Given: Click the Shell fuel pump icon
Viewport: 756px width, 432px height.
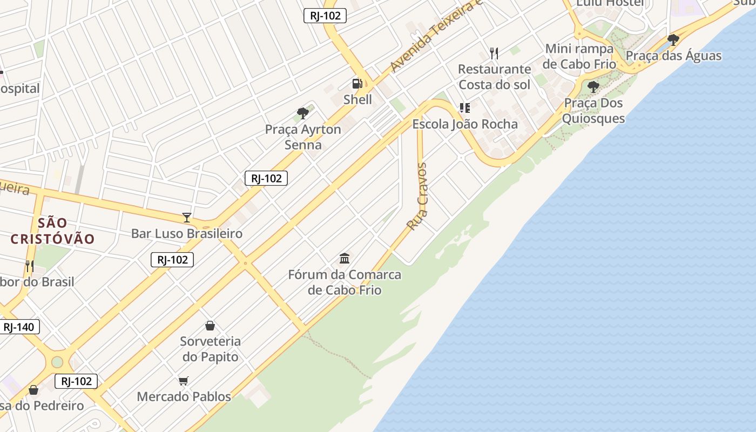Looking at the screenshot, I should click(357, 84).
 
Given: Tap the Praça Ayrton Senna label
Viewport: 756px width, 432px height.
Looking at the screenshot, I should click(303, 137).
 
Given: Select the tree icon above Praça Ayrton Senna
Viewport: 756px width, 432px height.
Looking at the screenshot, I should click(303, 113).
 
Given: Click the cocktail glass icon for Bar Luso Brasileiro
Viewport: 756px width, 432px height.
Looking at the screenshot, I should click(187, 218).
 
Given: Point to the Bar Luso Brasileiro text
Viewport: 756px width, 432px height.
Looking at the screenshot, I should click(187, 234).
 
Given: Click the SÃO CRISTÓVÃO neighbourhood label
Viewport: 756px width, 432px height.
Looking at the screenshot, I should click(53, 231).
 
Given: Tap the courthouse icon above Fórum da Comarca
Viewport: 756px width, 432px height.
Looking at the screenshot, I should click(345, 258).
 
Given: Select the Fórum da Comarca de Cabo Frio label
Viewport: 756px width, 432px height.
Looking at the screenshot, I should click(345, 282).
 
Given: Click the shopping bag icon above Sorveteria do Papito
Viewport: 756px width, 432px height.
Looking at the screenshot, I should click(210, 326).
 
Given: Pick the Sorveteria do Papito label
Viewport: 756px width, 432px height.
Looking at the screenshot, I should click(210, 349).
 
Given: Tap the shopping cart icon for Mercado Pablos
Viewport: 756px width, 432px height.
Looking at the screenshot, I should click(184, 381).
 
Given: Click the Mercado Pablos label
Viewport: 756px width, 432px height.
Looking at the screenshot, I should click(184, 397).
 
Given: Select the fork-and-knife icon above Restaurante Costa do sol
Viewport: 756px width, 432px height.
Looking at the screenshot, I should click(494, 53).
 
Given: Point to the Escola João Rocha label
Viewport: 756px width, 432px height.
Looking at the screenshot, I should click(465, 124).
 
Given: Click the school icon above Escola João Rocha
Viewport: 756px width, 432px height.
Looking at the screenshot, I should click(465, 108).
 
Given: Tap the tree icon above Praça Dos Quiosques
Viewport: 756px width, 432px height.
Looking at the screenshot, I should click(593, 87).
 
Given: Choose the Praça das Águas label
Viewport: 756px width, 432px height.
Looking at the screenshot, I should click(673, 56).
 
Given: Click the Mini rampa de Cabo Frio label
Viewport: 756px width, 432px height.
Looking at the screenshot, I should click(579, 56).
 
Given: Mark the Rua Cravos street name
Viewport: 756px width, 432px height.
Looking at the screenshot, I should click(417, 197).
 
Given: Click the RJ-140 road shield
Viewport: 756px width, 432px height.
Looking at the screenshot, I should click(18, 327).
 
